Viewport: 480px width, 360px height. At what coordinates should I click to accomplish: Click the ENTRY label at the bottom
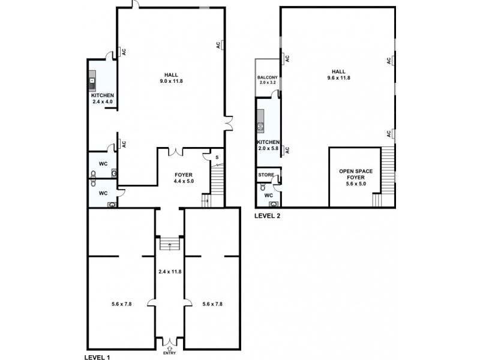[x=170, y=353]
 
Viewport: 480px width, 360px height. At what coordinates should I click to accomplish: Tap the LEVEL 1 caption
[x=99, y=356]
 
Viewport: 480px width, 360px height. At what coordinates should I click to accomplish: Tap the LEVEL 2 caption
[x=267, y=216]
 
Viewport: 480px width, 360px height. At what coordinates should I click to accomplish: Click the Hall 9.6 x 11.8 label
[x=338, y=74]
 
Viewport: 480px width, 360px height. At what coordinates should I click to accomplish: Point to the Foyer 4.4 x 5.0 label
[x=183, y=178]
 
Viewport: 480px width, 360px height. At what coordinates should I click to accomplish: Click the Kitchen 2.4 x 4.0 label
[x=102, y=98]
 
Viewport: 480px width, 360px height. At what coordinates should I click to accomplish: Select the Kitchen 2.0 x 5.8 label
[x=268, y=145]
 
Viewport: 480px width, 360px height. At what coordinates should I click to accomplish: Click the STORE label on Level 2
[x=266, y=175]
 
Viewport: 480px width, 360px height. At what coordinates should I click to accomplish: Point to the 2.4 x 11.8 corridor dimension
[x=170, y=272]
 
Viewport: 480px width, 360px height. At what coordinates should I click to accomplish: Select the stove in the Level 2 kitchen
[x=261, y=127]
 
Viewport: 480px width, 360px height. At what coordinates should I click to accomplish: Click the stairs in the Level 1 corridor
[x=170, y=244]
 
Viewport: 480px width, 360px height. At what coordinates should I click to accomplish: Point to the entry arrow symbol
[x=170, y=347]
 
